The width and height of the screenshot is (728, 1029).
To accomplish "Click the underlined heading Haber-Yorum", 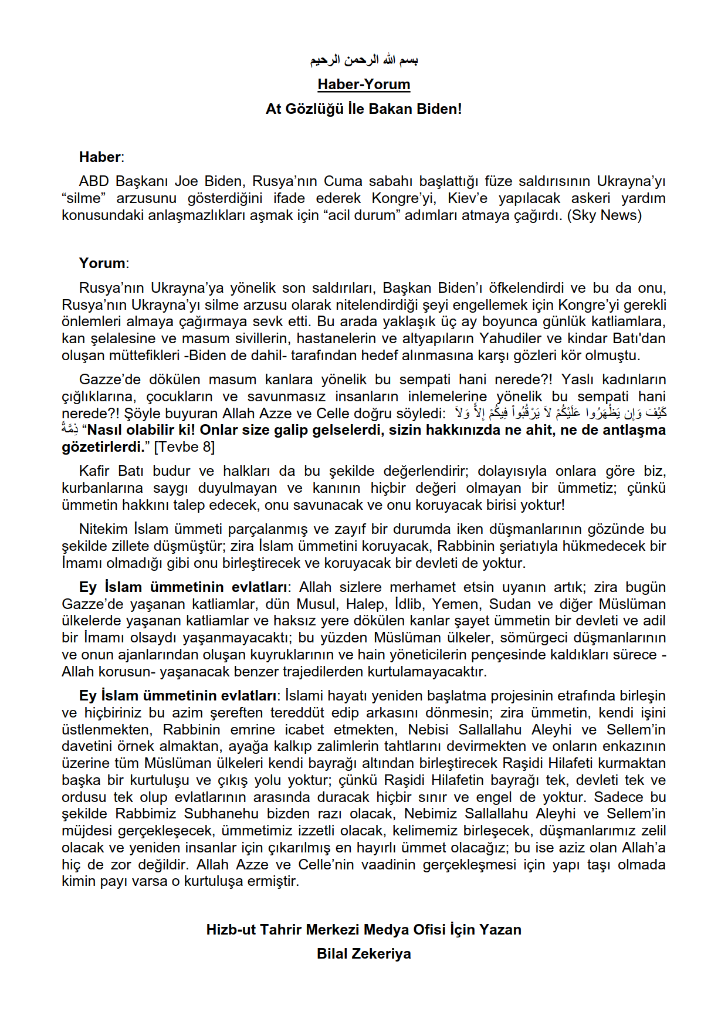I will [364, 84].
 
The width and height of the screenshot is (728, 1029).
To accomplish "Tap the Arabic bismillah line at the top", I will [364, 60].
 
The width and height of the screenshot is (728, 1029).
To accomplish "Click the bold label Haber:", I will [101, 157].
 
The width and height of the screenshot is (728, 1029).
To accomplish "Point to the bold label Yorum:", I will [103, 263].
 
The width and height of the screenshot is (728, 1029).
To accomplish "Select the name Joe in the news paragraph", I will [187, 181].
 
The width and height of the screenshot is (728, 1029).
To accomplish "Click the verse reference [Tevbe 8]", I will [184, 447].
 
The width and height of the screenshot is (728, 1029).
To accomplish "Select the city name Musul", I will [316, 604].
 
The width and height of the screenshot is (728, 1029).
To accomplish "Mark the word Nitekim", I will [103, 529].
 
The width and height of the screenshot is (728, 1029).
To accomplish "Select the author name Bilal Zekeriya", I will [364, 954].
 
